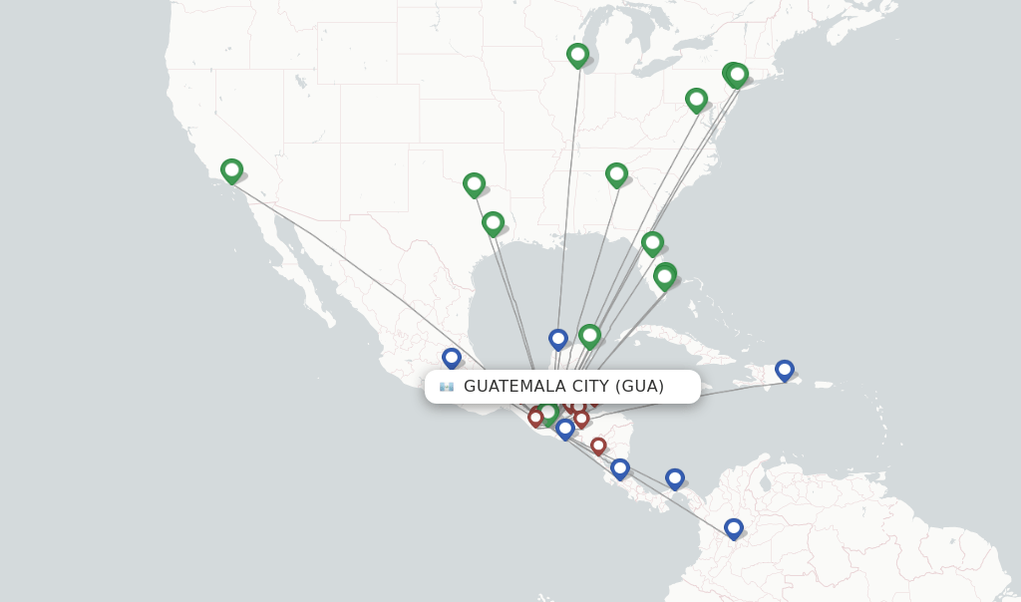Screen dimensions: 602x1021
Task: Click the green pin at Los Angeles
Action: [x=231, y=170]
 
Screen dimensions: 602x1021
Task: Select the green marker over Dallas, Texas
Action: [x=474, y=184]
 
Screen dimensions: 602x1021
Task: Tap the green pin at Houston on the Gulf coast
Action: [x=493, y=222]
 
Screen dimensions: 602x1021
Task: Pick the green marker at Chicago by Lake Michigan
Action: [x=577, y=54]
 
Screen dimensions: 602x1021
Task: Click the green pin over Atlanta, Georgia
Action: [x=616, y=174]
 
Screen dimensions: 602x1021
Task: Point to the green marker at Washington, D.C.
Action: [x=696, y=99]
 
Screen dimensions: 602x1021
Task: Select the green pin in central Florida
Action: [x=652, y=242]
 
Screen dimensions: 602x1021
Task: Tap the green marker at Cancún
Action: [x=589, y=335]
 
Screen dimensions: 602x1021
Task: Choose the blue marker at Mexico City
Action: [x=452, y=357]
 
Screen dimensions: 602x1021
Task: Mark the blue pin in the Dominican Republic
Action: [x=785, y=370]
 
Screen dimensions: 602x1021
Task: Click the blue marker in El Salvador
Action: [x=565, y=428]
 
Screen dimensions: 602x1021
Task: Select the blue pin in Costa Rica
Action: [x=620, y=467]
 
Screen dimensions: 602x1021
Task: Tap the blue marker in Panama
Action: [x=675, y=478]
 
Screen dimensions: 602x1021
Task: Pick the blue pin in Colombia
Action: [x=734, y=527]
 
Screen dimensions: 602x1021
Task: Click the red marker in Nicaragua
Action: [x=598, y=446]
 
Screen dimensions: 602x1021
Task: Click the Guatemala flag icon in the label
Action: [x=447, y=387]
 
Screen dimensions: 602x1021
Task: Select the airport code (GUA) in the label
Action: [x=639, y=387]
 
